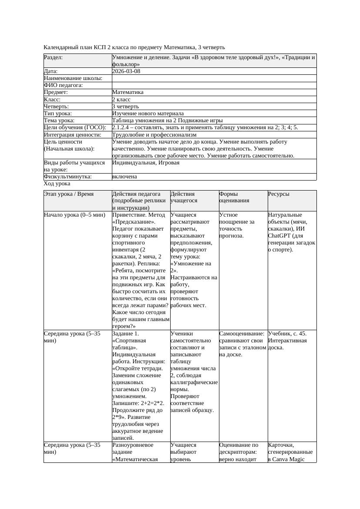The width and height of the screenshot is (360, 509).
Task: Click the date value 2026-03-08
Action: pyautogui.click(x=126, y=71)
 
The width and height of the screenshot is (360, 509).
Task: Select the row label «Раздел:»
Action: pyautogui.click(x=54, y=57)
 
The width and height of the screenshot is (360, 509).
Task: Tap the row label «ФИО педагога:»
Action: pyautogui.click(x=64, y=85)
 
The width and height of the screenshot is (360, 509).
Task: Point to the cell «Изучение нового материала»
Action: pyautogui.click(x=148, y=113)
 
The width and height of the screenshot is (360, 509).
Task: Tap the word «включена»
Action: pyautogui.click(x=124, y=177)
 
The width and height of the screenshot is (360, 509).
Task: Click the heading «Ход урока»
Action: pyautogui.click(x=57, y=184)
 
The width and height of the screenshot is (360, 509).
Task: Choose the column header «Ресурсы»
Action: pyautogui.click(x=279, y=194)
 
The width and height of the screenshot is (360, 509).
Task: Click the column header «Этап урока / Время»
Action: pyautogui.click(x=69, y=194)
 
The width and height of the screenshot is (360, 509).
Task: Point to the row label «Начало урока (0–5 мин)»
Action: pyautogui.click(x=74, y=215)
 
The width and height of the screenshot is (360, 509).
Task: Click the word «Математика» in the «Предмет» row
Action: pyautogui.click(x=128, y=92)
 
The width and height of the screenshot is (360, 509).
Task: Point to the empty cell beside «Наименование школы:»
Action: pyautogui.click(x=214, y=78)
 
